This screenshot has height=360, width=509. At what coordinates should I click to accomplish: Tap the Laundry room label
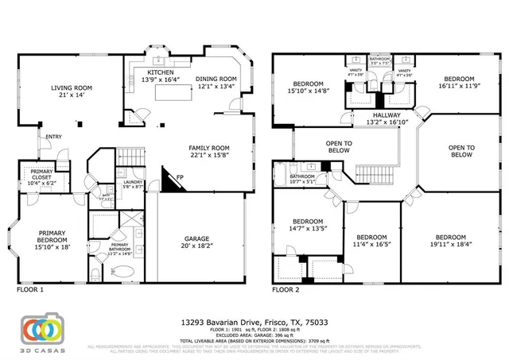pos(133,184)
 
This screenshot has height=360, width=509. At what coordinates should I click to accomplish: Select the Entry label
pos(53,137)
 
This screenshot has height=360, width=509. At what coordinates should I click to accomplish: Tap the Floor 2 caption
pos(286,290)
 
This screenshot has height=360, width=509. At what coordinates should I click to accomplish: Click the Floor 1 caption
pos(30,290)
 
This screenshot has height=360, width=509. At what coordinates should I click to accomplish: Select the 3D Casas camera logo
pos(43,329)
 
